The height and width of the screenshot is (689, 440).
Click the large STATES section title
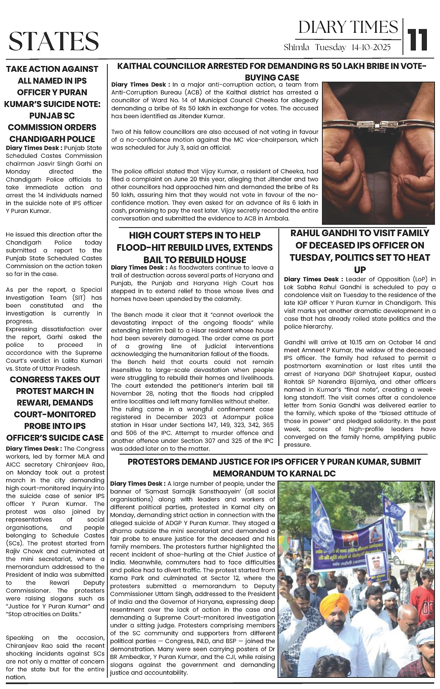54,41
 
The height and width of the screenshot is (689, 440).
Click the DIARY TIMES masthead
348,27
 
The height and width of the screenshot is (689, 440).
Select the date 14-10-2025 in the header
371,48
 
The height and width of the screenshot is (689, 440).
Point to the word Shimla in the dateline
296,48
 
